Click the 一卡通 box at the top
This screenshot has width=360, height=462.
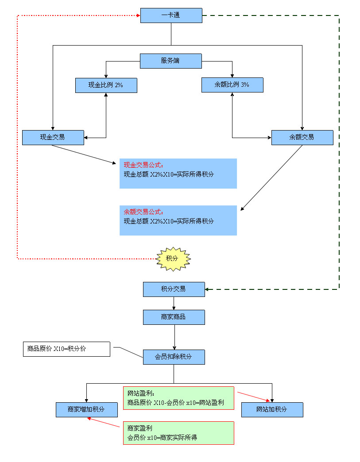coord(171,15)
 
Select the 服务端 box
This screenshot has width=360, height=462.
coord(171,61)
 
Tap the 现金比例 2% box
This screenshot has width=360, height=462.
coord(106,85)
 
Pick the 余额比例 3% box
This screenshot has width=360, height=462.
coord(232,85)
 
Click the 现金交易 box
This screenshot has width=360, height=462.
coord(53,138)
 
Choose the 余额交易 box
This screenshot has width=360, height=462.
coord(302,138)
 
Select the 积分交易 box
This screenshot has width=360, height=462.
coord(174,289)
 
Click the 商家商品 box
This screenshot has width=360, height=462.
coord(174,317)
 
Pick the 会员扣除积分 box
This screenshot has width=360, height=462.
coord(174,357)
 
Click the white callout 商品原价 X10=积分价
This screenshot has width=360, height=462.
coord(66,349)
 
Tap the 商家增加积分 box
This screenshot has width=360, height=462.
coord(86,410)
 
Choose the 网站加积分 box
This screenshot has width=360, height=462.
coord(272,410)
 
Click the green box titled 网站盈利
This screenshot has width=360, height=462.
coord(178,398)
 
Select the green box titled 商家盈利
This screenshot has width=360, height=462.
coord(178,433)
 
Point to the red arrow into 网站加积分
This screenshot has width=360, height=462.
coord(253,397)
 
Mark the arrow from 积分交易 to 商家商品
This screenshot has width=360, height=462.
coord(174,303)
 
